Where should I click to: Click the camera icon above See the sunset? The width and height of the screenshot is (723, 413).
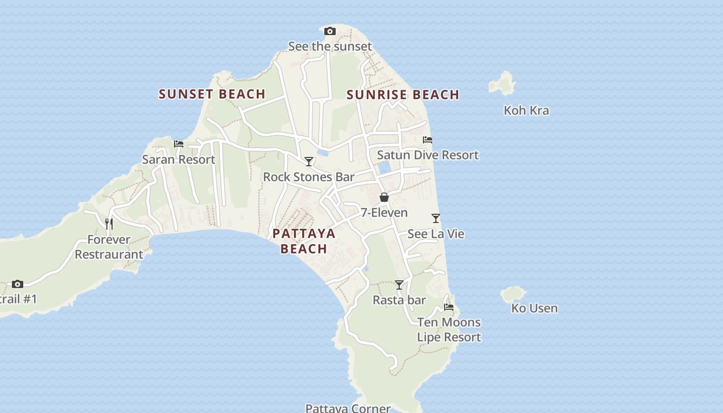click(329, 31)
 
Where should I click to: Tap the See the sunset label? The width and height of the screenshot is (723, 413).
click(329, 46)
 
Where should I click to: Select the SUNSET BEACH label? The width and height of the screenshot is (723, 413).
click(212, 94)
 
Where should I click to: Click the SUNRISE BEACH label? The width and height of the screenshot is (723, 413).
click(403, 94)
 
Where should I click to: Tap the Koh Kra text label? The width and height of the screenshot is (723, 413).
click(526, 110)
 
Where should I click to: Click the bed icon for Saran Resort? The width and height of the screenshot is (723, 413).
click(179, 144)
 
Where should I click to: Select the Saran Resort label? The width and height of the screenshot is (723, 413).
click(179, 160)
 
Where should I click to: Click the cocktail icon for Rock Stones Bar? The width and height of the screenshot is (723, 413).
click(309, 162)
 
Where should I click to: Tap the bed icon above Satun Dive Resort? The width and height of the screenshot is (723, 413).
click(428, 140)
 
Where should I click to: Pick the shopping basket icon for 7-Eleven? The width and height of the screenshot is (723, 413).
click(384, 197)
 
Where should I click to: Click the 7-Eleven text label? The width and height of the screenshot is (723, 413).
click(384, 213)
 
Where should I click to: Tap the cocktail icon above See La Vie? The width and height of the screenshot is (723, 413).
click(436, 218)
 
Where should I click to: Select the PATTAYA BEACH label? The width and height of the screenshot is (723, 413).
click(304, 241)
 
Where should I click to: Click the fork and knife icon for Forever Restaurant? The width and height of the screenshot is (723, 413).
click(109, 224)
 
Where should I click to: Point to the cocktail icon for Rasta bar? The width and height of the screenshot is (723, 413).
click(399, 285)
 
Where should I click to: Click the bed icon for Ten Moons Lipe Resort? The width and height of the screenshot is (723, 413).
click(449, 307)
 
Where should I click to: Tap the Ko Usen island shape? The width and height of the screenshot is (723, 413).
click(512, 294)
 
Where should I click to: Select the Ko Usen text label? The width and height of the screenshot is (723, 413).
click(535, 309)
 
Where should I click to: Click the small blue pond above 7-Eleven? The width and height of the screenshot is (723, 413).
click(384, 168)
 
